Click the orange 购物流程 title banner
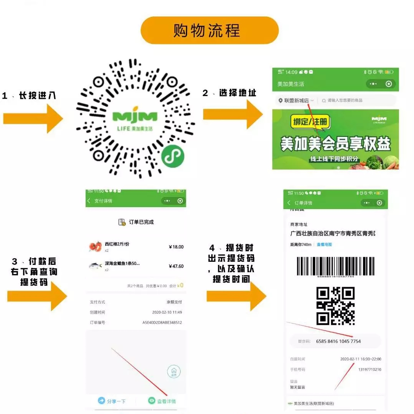(x=209, y=30)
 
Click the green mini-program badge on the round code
(x=172, y=156)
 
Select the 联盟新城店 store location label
(x=296, y=101)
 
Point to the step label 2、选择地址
(x=229, y=93)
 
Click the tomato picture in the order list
(x=95, y=246)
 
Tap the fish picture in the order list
(x=95, y=266)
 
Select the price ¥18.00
(x=176, y=247)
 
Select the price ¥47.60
(x=176, y=266)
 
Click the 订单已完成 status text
(x=141, y=222)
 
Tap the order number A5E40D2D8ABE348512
(x=162, y=323)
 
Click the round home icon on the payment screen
(x=174, y=372)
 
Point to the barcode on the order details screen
(x=335, y=266)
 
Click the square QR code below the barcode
(x=335, y=306)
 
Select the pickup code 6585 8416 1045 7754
(x=338, y=341)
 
